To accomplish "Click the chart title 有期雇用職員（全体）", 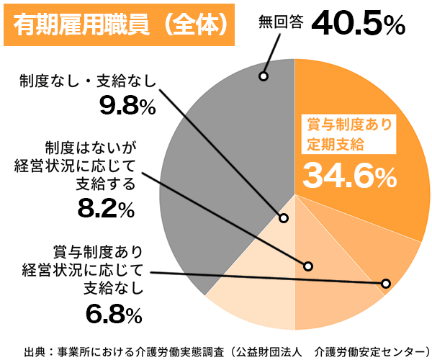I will [x=120, y=24].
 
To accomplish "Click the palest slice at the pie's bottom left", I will [x=245, y=274].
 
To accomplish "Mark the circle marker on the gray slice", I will [x=264, y=76].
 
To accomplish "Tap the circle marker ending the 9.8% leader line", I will [x=284, y=217].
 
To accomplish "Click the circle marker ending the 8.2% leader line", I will [x=309, y=265].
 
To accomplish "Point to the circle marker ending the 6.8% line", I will [x=386, y=283].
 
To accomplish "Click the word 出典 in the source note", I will [x=35, y=350].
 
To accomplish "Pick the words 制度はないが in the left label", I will [x=89, y=148].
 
